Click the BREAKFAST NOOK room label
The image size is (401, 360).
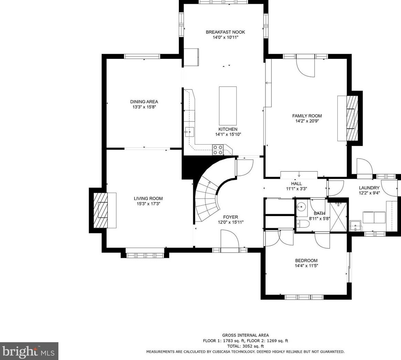[225, 32]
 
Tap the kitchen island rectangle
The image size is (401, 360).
[228, 106]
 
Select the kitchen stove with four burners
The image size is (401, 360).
[218, 150]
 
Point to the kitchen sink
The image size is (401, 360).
[189, 132]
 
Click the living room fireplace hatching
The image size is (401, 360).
[100, 210]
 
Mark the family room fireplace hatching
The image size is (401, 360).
[353, 118]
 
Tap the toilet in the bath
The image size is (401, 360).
[303, 224]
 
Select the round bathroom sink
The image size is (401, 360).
[302, 205]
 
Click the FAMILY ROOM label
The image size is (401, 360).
[307, 116]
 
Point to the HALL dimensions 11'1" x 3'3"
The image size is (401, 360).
[296, 189]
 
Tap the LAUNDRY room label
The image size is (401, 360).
[369, 188]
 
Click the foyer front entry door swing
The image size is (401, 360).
[229, 239]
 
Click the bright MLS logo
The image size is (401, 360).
[29, 351]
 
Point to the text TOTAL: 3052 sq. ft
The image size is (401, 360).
[246, 346]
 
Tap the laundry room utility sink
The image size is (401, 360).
[356, 225]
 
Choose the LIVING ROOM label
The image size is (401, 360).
[148, 198]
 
